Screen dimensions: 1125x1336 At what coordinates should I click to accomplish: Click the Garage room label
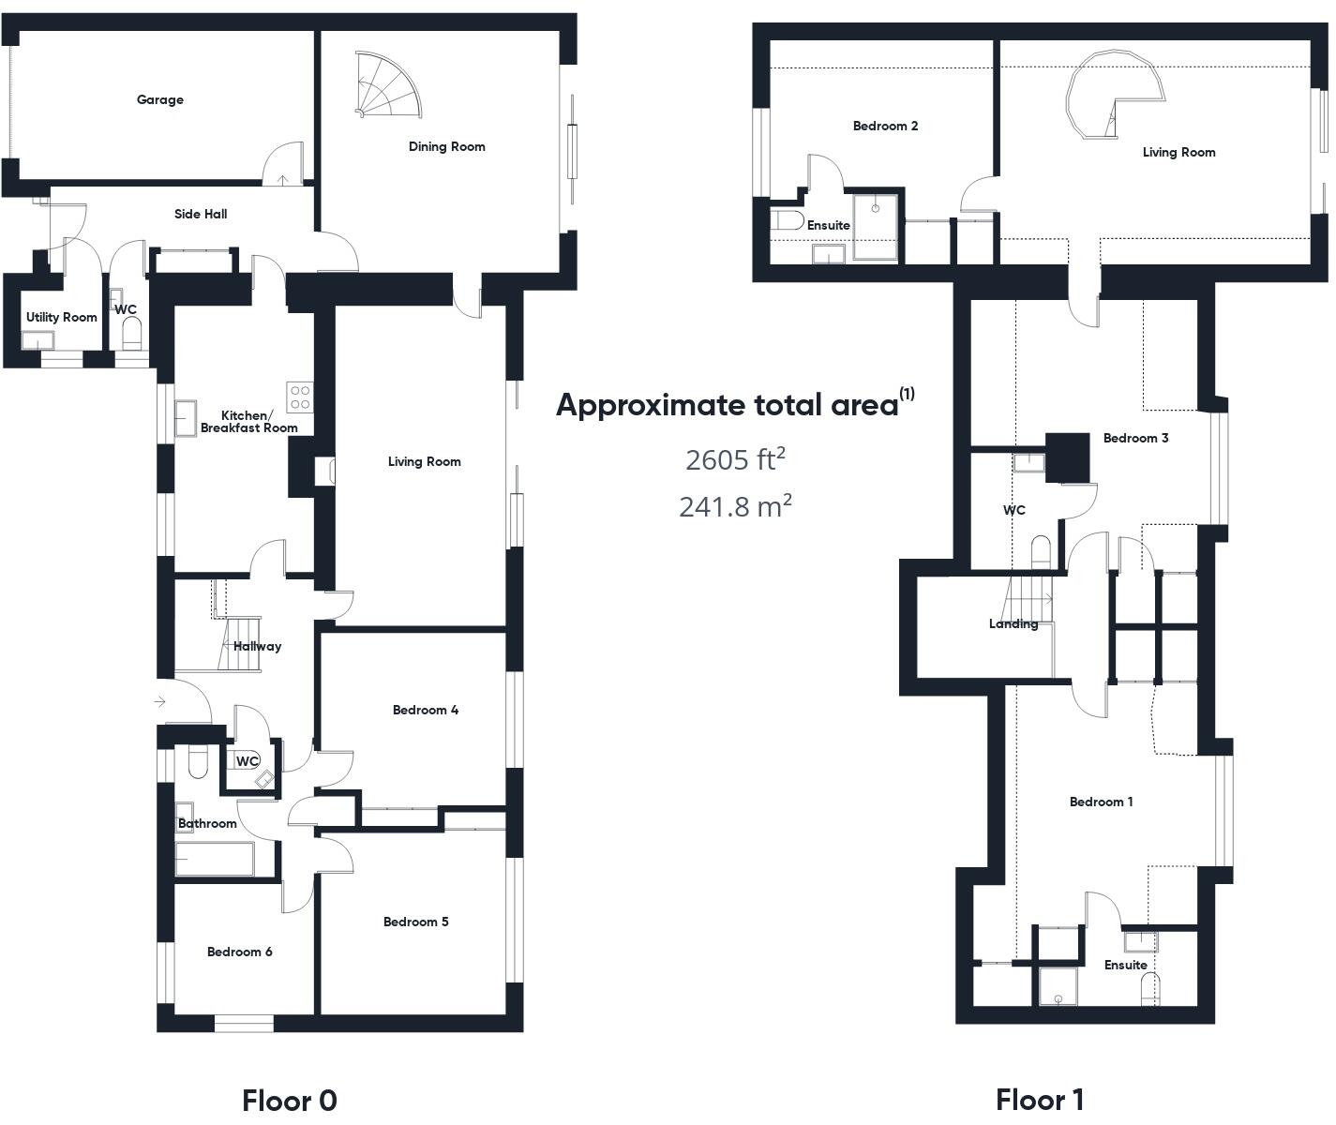coord(160,99)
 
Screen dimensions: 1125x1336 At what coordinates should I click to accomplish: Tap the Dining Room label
coord(446,146)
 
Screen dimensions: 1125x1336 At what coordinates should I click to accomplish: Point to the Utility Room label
coord(61,317)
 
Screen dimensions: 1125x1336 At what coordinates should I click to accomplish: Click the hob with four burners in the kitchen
coord(300,397)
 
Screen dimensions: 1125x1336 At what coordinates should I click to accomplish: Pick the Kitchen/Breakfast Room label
coord(248,422)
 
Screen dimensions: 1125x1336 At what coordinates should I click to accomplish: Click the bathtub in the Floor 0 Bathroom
coord(215,859)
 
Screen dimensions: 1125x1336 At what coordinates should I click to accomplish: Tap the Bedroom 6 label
coord(239,952)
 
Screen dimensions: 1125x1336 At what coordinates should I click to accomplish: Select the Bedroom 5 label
coord(415,922)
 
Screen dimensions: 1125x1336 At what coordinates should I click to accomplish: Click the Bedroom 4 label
coord(425,710)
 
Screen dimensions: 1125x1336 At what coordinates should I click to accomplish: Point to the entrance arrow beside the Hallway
coord(160,701)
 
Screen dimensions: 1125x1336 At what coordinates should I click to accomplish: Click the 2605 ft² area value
coord(734,459)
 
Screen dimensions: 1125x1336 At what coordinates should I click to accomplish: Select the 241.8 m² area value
coord(734,506)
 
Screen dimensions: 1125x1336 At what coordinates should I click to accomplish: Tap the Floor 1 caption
coord(1040,1099)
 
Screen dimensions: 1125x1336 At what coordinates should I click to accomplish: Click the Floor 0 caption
coord(289,1100)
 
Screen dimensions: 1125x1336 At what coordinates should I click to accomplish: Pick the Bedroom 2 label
coord(885,126)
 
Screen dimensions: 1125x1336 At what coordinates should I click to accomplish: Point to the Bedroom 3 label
coord(1135,438)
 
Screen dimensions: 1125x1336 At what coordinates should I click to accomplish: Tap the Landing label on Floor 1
coord(1013,623)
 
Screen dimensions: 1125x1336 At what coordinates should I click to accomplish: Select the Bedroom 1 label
coord(1101,802)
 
